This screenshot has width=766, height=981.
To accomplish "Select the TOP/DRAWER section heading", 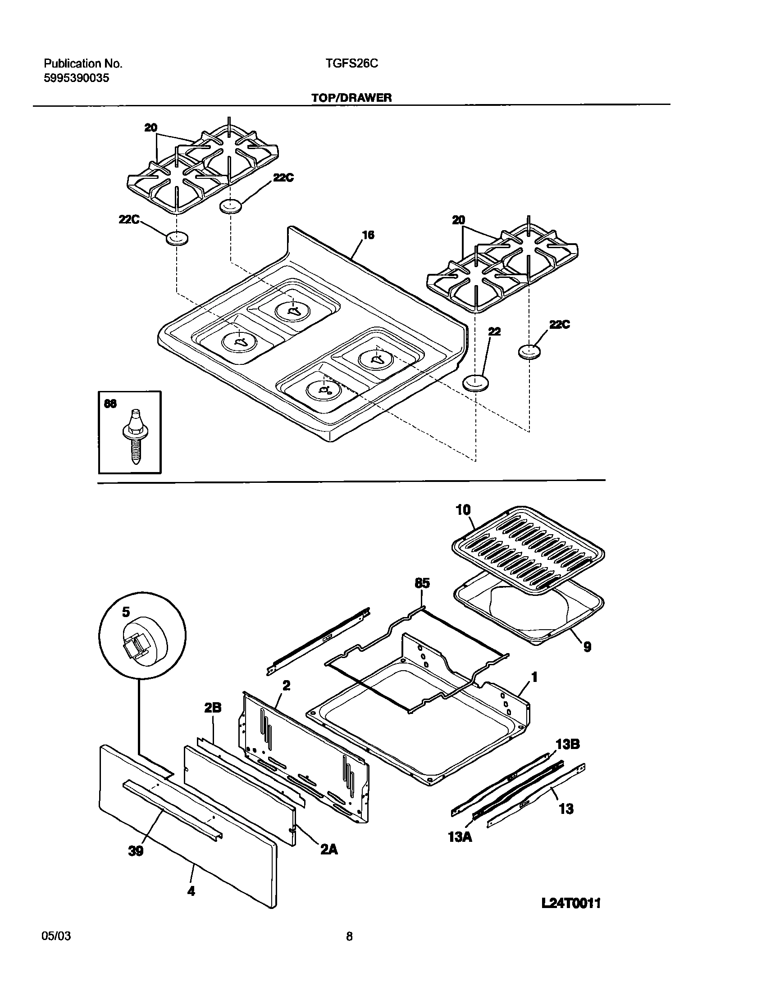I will pyautogui.click(x=351, y=98).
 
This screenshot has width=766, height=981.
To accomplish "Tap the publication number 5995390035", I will pyautogui.click(x=76, y=78).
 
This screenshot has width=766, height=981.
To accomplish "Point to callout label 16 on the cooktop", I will pyautogui.click(x=368, y=235).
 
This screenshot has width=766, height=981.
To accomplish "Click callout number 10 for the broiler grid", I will pyautogui.click(x=463, y=510).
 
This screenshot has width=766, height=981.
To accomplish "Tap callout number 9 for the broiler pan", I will pyautogui.click(x=587, y=647).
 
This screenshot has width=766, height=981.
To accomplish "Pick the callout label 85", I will pyautogui.click(x=422, y=583).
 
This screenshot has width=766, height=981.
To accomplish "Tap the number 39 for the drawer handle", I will pyautogui.click(x=136, y=851).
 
